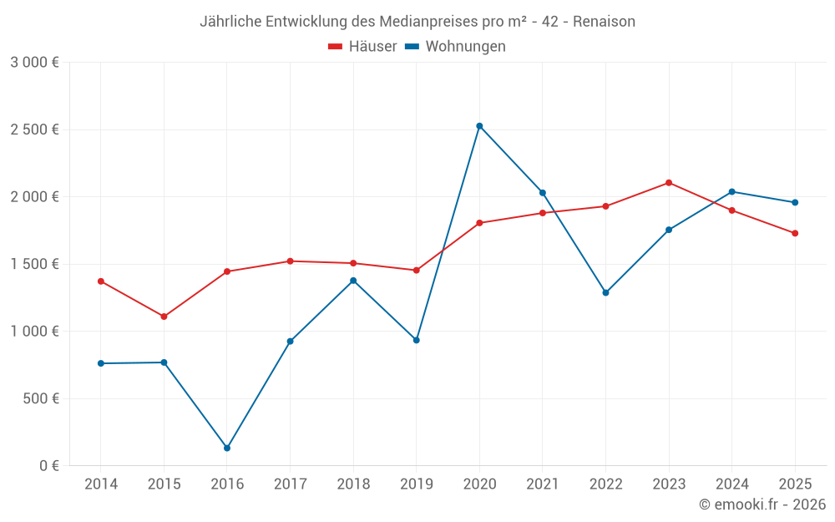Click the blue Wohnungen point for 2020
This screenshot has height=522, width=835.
point(479,126)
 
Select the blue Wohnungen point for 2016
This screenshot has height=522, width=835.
point(227,449)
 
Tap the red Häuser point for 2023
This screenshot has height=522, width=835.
point(669,183)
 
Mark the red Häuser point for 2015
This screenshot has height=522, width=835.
point(164,317)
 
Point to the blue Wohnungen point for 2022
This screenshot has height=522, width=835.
point(605,293)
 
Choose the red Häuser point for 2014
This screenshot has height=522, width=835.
point(101,281)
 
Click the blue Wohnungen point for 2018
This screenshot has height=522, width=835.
point(353,281)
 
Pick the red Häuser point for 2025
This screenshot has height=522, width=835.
point(795,233)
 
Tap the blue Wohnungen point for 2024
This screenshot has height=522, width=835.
point(731,192)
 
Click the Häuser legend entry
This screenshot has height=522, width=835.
point(362,47)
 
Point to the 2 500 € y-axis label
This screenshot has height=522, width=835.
point(35,129)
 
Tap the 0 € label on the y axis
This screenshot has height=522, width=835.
point(46,465)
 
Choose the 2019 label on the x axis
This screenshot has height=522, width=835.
point(416,484)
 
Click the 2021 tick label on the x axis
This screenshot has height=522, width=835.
point(542,484)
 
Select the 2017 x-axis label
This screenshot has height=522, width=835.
point(290,484)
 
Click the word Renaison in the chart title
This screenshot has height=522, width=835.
point(604,22)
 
